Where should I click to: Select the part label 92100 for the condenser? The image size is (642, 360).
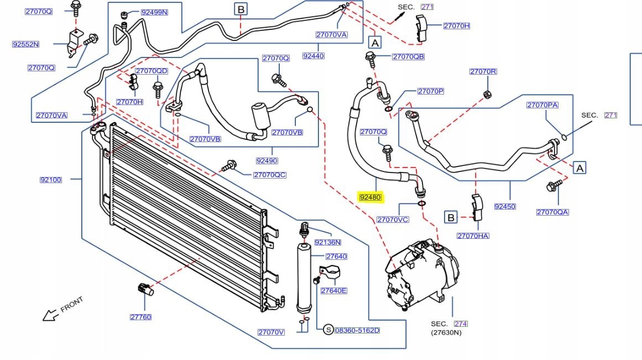tap(51, 180)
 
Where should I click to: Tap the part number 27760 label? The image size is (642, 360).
tap(141, 317)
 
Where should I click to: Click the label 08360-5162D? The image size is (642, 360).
tap(357, 330)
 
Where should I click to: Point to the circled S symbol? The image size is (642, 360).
tap(328, 330)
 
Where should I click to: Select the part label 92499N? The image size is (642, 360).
tap(154, 12)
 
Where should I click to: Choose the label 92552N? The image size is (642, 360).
tap(25, 44)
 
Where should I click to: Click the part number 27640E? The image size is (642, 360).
tap(334, 291)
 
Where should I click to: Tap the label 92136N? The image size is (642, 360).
tap(328, 242)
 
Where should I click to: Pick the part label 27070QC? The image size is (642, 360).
tap(270, 175)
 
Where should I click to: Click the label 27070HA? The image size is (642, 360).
tap(473, 236)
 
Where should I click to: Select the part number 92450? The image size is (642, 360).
tap(505, 206)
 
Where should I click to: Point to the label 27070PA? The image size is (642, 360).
tap(542, 105)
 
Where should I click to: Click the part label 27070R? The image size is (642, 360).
tap(483, 71)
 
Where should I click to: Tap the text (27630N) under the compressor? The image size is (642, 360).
tap(446, 332)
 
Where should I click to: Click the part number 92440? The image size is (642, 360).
tap(314, 56)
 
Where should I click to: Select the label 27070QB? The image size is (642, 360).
tap(408, 57)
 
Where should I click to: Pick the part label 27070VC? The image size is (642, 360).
tap(393, 220)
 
